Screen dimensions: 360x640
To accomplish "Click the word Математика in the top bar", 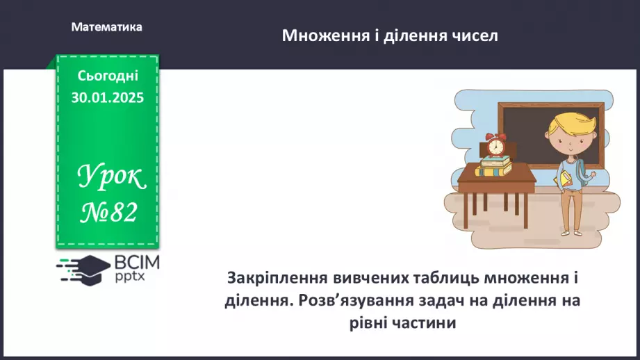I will pos(106,27).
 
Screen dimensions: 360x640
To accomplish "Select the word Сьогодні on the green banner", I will pos(108,75).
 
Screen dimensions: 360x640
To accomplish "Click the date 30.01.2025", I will pos(108,98).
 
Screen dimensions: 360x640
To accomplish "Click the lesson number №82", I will pos(108,213).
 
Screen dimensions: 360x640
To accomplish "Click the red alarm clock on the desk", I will pos(495,146).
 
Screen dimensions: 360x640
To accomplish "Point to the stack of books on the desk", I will pos(493,167).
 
